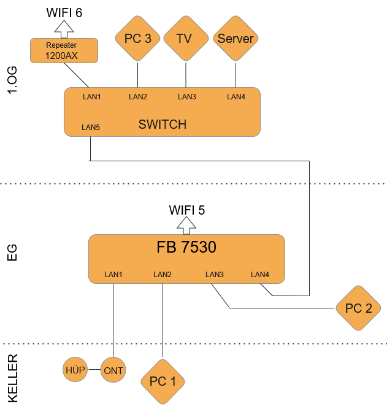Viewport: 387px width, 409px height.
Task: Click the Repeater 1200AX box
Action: point(64,50)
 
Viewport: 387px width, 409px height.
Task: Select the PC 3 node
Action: point(137,39)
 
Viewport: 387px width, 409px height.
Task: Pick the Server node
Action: point(236,39)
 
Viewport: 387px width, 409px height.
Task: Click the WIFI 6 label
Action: point(64,12)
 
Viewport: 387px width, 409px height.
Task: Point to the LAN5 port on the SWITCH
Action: point(90,128)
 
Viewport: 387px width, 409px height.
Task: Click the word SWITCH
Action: point(162,125)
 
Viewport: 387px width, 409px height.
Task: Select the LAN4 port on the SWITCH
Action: point(236,96)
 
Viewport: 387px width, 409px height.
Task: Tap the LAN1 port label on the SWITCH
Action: point(91,96)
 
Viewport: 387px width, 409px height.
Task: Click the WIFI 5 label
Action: point(187,210)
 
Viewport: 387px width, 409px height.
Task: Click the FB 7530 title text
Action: point(186,248)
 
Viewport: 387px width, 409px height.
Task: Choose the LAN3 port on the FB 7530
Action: point(215,274)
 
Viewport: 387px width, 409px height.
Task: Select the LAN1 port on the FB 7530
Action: point(113,274)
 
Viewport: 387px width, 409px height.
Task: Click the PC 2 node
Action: point(359,308)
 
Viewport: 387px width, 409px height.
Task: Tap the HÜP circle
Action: point(75,370)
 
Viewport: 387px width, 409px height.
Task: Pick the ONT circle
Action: point(113,370)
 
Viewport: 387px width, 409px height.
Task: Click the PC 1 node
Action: point(163,381)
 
